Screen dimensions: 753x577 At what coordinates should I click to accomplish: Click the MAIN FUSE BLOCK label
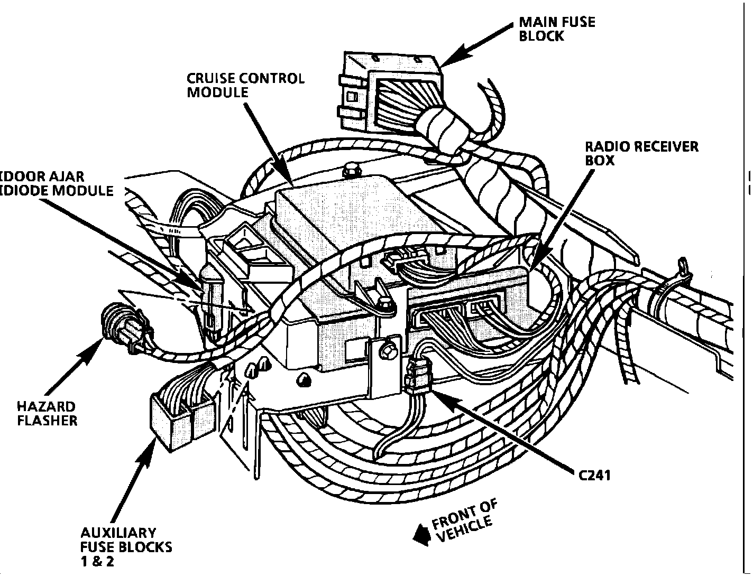pyautogui.click(x=557, y=29)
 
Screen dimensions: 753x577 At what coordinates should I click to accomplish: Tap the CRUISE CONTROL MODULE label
pyautogui.click(x=246, y=86)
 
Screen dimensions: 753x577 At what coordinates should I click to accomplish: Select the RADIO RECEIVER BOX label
pyautogui.click(x=642, y=153)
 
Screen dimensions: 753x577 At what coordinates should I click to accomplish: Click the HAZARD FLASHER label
pyautogui.click(x=47, y=414)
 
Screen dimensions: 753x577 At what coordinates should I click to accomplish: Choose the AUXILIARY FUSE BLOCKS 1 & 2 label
pyautogui.click(x=126, y=547)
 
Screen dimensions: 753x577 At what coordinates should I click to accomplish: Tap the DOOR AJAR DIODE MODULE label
pyautogui.click(x=57, y=184)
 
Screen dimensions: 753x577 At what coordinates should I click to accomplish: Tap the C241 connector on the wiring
pyautogui.click(x=419, y=376)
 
